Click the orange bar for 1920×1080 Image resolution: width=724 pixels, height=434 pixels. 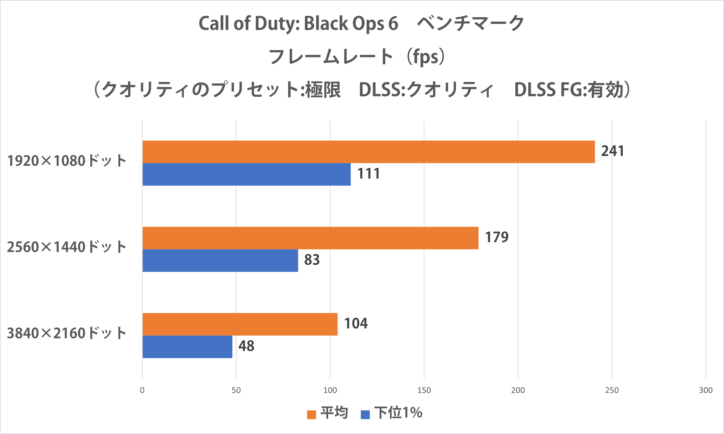[368, 152]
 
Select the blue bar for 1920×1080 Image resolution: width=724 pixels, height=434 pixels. [246, 174]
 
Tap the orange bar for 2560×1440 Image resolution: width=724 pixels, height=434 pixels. [310, 238]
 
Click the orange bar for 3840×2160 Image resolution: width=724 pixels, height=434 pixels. [240, 324]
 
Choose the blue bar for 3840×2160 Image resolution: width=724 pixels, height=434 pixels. [187, 347]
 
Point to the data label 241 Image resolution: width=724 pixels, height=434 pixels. [612, 151]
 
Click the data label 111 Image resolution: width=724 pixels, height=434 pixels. [368, 174]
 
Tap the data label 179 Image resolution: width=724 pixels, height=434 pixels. [497, 237]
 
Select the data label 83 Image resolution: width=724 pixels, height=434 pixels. [312, 260]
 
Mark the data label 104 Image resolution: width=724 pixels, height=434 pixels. [356, 323]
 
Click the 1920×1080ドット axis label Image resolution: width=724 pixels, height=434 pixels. [67, 161]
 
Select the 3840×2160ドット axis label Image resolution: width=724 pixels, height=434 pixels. [67, 333]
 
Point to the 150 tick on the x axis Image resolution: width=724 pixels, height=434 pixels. [424, 390]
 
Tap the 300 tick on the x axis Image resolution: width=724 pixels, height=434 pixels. [706, 390]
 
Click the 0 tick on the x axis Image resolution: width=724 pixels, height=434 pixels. [142, 390]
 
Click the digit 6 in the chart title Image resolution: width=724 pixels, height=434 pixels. [393, 23]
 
